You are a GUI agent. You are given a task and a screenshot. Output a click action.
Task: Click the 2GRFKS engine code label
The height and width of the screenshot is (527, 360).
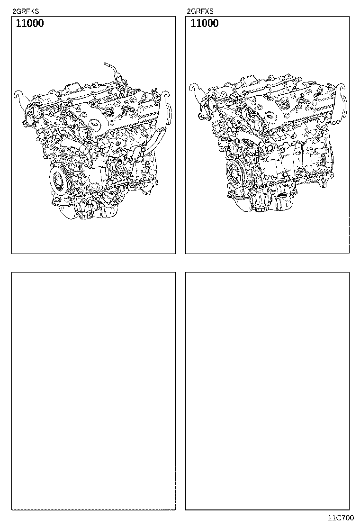26,11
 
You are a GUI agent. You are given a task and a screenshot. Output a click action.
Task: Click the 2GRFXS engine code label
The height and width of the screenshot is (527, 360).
200,11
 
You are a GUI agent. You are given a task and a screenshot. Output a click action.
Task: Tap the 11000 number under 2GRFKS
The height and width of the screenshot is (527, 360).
30,23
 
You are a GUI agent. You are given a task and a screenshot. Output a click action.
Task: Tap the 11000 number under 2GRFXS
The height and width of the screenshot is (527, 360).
205,23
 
